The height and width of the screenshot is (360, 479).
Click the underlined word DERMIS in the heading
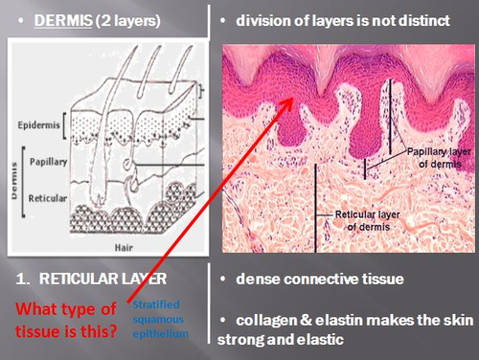tap(63, 21)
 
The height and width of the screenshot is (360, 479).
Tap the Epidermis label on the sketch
tap(38, 124)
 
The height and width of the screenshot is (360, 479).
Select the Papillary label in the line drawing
tap(48, 162)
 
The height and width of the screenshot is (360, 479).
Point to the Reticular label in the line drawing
tap(48, 198)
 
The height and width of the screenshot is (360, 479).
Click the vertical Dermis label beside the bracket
tap(13, 181)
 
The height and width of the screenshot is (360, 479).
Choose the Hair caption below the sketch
tap(124, 247)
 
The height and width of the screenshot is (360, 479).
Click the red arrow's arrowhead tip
tap(292, 98)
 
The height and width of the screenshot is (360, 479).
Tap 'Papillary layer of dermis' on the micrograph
tap(439, 158)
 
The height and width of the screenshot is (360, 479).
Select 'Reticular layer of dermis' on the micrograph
tap(368, 221)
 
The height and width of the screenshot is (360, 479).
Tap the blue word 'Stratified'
tap(156, 304)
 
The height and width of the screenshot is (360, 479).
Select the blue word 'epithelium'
tap(161, 334)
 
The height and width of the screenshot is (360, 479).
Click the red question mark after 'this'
tap(112, 330)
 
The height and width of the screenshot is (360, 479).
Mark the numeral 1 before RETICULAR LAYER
tap(22, 279)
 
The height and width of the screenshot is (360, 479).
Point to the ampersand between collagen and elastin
tap(307, 321)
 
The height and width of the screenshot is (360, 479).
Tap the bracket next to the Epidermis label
tap(64, 125)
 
